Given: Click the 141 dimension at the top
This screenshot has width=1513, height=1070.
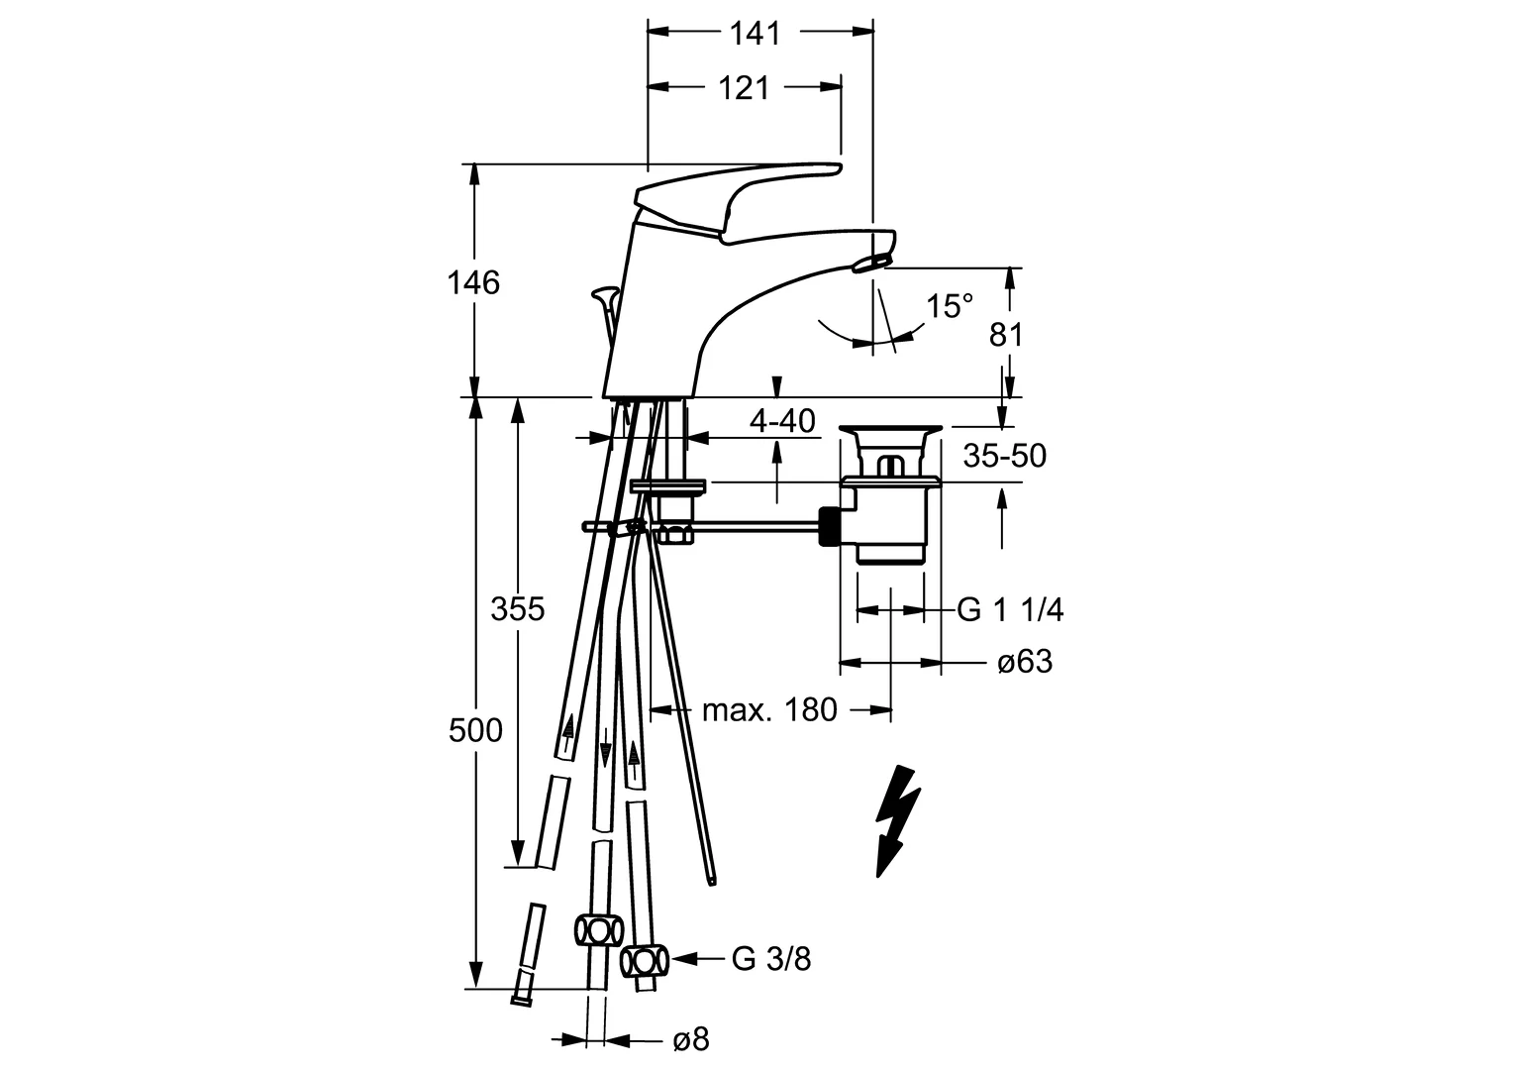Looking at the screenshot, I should [756, 33].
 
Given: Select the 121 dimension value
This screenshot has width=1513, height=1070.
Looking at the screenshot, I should [744, 88].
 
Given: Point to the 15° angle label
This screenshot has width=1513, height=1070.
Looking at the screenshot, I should [950, 306].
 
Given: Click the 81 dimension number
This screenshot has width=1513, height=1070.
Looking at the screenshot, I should [1006, 335].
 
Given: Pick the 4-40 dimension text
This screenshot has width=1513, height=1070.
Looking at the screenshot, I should [782, 421].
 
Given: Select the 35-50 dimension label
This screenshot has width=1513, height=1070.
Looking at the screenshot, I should [1005, 456].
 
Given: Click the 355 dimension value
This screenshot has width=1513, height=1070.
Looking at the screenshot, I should [518, 608].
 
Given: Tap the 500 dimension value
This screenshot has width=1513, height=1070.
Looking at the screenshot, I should [475, 731].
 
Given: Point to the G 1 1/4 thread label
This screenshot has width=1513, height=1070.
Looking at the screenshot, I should [1010, 610].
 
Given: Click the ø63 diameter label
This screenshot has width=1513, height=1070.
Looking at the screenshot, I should [1025, 662].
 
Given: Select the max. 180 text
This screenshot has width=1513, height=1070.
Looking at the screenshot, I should [769, 709].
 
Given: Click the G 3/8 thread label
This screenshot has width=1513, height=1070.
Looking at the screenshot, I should [771, 958].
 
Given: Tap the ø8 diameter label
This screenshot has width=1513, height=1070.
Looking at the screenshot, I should [690, 1039].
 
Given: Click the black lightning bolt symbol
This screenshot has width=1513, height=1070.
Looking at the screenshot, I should [897, 820].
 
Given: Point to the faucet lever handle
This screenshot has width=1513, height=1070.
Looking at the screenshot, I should [733, 193].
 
